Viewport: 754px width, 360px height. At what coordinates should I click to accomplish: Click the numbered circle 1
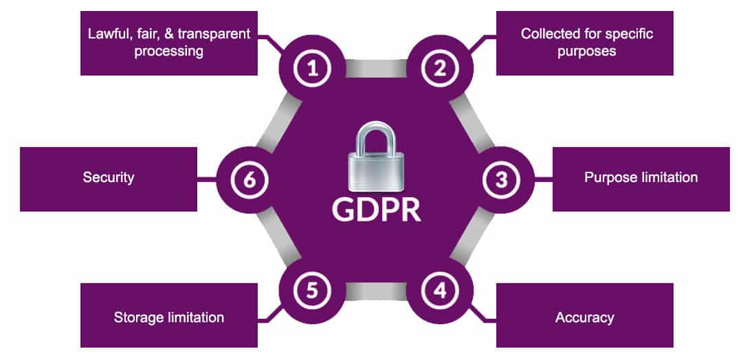tap(313, 68)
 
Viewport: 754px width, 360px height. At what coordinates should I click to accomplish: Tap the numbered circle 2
tap(439, 68)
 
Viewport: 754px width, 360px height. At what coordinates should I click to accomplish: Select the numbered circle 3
tap(501, 180)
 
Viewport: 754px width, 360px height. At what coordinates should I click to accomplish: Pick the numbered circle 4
tap(439, 291)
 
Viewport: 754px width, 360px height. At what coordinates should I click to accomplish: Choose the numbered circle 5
tap(313, 291)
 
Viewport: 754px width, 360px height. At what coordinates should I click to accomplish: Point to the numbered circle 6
tap(249, 180)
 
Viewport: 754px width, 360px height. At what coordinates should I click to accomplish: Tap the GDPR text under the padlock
tap(376, 210)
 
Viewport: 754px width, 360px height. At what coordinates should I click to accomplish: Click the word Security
tap(109, 178)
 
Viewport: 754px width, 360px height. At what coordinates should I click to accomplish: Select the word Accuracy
tap(585, 317)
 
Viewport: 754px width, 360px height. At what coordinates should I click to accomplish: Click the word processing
tap(169, 52)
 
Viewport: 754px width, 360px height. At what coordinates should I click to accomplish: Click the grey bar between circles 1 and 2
tap(376, 68)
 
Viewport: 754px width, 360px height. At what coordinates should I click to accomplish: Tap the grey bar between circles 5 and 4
tap(376, 291)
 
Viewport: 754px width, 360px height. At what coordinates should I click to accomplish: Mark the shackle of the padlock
tap(376, 137)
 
